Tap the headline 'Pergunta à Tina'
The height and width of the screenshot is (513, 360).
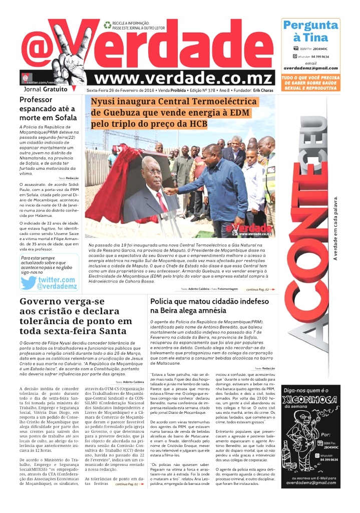click(x=310, y=31)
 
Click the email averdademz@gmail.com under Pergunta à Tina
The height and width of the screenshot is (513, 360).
click(x=310, y=68)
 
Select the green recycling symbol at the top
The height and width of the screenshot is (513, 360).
click(x=108, y=25)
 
